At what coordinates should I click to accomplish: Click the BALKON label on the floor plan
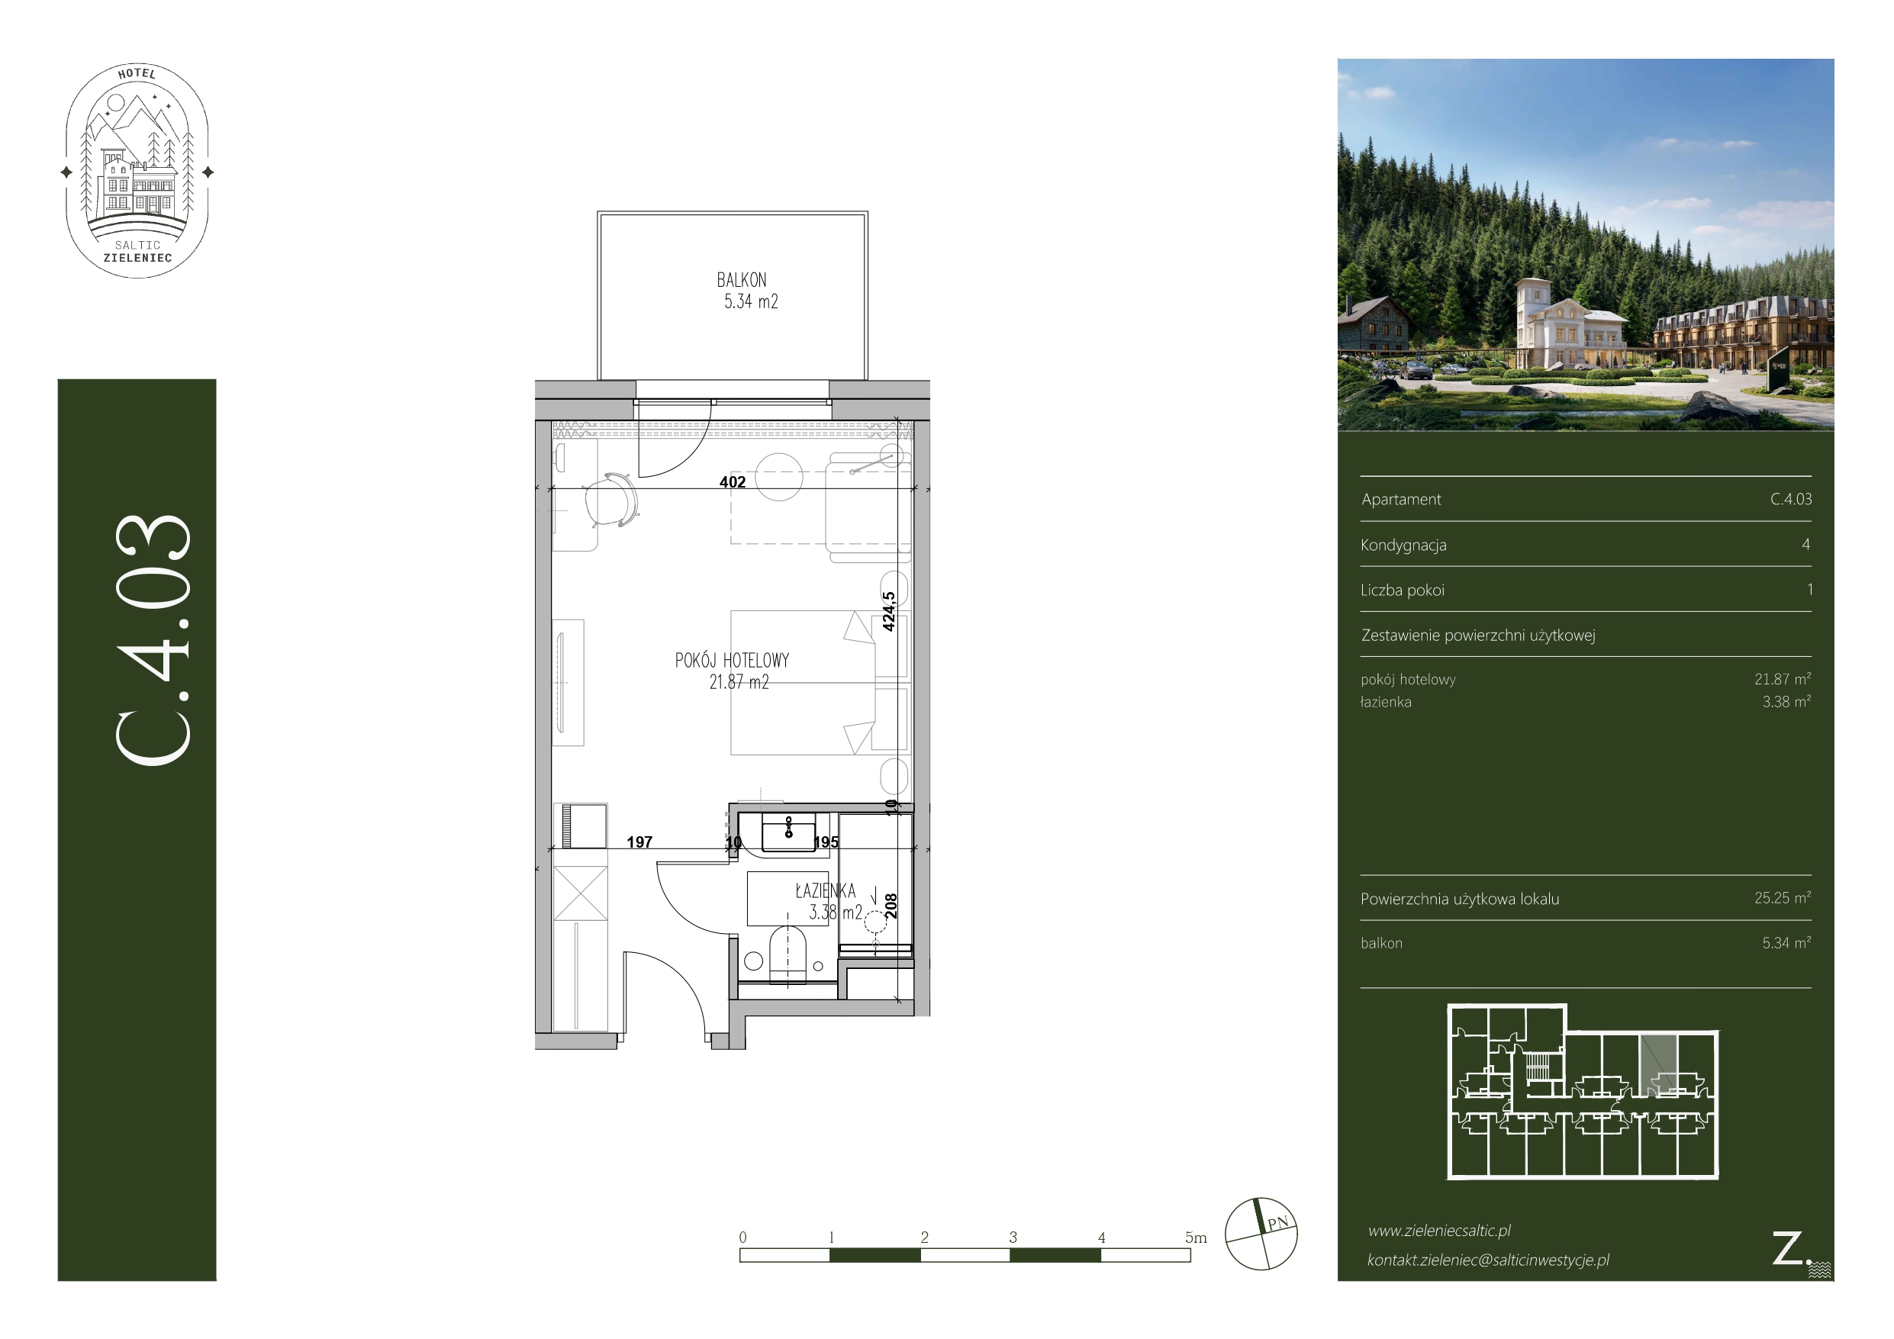tap(741, 281)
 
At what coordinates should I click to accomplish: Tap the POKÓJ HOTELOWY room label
tap(732, 660)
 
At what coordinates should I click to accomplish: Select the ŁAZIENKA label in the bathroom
tap(825, 891)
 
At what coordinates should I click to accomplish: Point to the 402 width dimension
tap(733, 481)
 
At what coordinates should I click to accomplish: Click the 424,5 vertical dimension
tap(888, 611)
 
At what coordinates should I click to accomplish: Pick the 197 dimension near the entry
tap(639, 842)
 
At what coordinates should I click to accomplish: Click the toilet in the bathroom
tap(788, 954)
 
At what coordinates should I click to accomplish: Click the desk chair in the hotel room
tap(611, 500)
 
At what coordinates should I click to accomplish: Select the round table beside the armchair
tap(778, 477)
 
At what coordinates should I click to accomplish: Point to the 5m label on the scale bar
tap(1195, 1238)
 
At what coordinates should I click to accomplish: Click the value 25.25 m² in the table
tap(1783, 897)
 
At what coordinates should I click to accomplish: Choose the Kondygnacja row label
tap(1403, 546)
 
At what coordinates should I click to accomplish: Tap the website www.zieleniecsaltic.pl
tap(1439, 1231)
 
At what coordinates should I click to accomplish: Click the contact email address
tap(1488, 1260)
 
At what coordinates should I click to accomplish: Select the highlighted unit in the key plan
tap(1658, 1064)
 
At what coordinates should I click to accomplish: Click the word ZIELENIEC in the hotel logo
tap(138, 258)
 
